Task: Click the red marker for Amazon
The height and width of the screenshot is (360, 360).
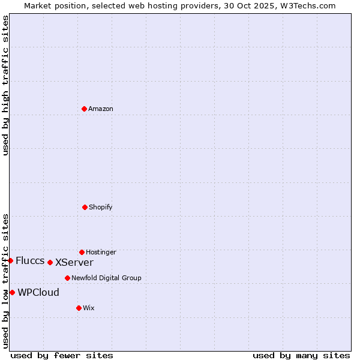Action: [x=84, y=109]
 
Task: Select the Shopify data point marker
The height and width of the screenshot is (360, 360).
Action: [x=85, y=207]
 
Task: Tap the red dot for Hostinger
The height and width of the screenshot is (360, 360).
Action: [x=82, y=252]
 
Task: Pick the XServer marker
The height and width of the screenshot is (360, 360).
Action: [x=50, y=262]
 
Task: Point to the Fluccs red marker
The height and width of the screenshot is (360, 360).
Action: [x=10, y=260]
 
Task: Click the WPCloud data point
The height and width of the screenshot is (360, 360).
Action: [x=12, y=292]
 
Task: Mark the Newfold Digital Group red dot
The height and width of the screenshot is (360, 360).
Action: [x=67, y=278]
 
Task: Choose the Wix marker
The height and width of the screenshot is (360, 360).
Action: [x=79, y=308]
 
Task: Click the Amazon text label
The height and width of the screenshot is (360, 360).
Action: [x=101, y=109]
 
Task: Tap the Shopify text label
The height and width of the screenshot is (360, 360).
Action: [x=101, y=207]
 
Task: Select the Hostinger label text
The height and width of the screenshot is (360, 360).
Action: [x=101, y=252]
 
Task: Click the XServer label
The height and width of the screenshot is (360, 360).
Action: [x=74, y=262]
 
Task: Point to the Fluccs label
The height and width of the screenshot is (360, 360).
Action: [x=30, y=260]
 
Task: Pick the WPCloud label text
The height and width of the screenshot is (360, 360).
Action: [x=38, y=292]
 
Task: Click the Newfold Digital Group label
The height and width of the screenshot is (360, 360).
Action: [x=106, y=278]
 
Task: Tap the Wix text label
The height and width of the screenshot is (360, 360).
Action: [x=89, y=308]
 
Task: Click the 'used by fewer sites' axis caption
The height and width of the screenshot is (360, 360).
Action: [x=62, y=355]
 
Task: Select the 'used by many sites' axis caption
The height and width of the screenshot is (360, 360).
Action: [x=301, y=355]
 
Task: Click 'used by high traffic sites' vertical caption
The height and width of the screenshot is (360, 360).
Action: [x=5, y=86]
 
